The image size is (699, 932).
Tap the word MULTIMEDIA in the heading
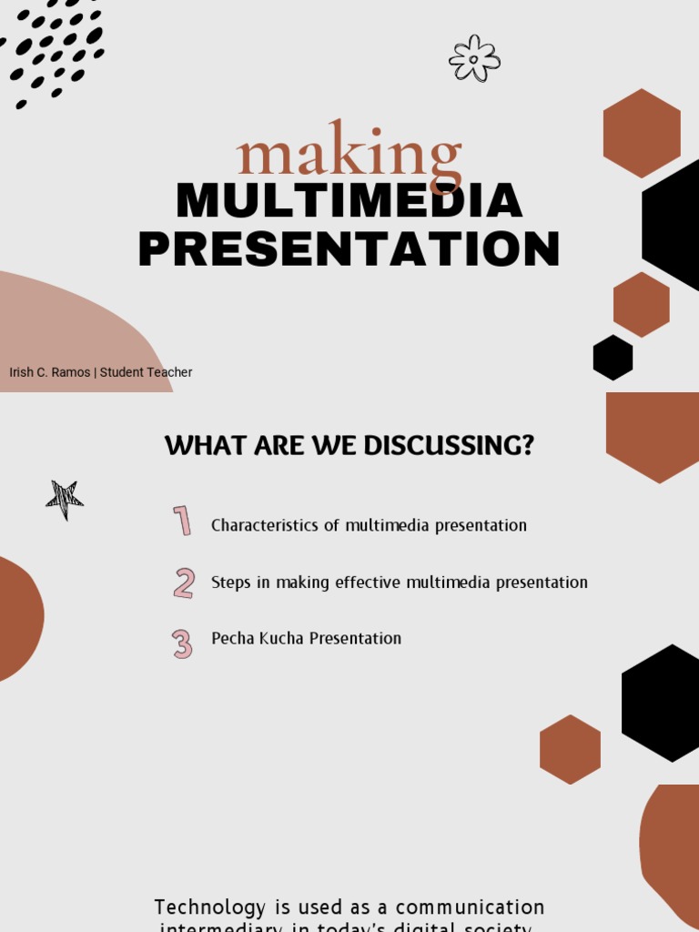[349, 201]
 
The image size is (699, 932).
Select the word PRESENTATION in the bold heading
[349, 249]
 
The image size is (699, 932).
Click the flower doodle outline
[474, 58]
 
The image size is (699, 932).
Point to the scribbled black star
[65, 499]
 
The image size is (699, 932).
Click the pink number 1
[182, 522]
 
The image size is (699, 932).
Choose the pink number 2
[184, 582]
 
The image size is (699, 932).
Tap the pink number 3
[182, 643]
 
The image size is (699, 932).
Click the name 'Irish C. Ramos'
[49, 372]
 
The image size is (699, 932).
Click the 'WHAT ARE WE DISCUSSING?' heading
[349, 446]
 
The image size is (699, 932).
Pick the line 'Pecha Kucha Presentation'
[306, 639]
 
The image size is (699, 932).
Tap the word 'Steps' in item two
[231, 582]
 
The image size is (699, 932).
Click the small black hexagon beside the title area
[613, 358]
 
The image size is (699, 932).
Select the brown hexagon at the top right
[642, 133]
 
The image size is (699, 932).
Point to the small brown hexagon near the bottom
[570, 749]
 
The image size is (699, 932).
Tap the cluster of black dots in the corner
[55, 50]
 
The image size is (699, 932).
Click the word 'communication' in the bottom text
[470, 907]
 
